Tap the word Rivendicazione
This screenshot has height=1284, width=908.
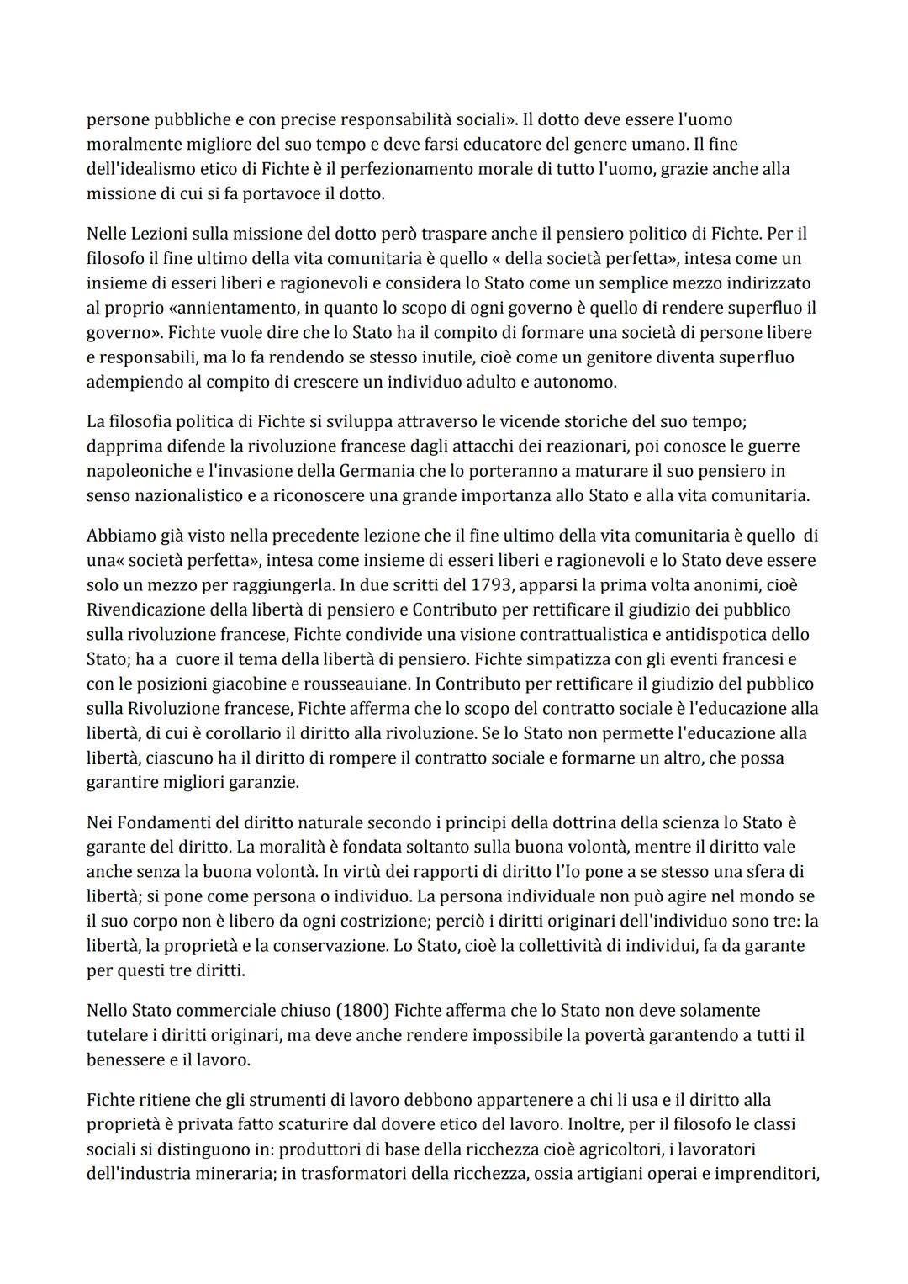coord(146,610)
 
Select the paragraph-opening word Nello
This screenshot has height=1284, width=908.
coord(107,1010)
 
